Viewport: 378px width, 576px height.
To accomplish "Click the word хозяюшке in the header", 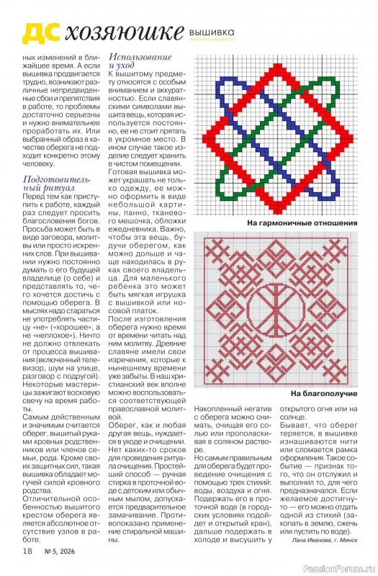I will pyautogui.click(x=122, y=32).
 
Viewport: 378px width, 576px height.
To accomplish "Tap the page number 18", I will pyautogui.click(x=27, y=551).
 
